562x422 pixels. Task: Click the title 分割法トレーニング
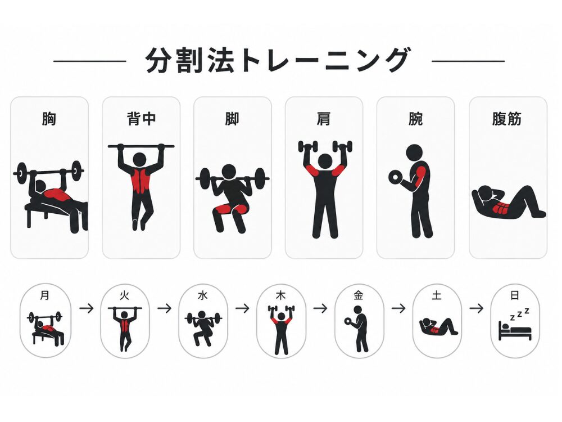point(278,60)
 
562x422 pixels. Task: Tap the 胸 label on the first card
point(49,119)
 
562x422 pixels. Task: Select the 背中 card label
point(141,119)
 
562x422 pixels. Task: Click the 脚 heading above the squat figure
point(232,119)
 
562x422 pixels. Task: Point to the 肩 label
point(324,119)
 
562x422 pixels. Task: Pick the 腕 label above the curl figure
point(415,119)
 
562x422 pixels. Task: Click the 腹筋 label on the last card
point(507,119)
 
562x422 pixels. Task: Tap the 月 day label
point(45,296)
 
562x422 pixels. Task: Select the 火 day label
point(124,296)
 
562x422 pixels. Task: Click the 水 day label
point(203,296)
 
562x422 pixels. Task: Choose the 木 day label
point(280,296)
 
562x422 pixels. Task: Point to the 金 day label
point(359,296)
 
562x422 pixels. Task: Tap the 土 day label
point(437,296)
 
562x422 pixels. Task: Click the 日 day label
point(515,296)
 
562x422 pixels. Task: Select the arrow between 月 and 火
point(87,308)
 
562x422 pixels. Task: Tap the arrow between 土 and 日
point(477,308)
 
